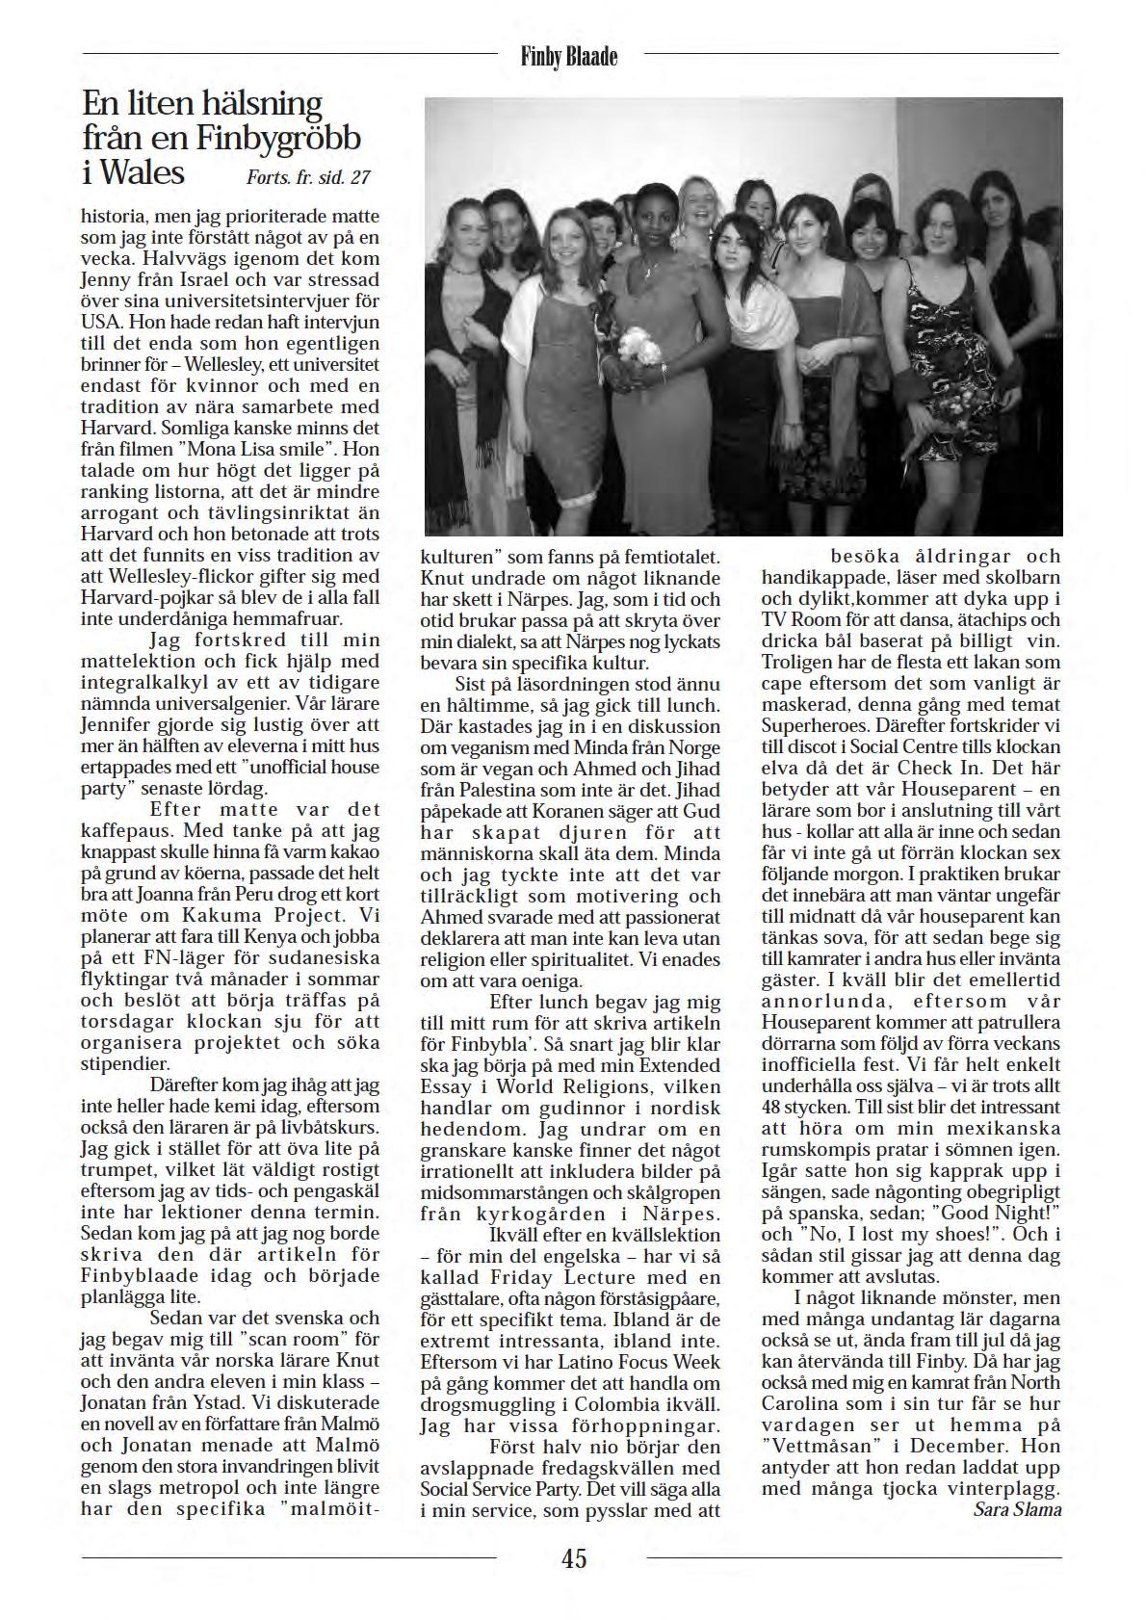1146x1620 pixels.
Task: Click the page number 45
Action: point(574,1557)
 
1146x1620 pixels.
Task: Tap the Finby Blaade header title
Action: point(569,58)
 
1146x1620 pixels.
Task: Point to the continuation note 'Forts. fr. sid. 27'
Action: point(308,177)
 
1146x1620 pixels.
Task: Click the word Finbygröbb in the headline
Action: point(279,138)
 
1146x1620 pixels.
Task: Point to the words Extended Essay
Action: point(655,1076)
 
